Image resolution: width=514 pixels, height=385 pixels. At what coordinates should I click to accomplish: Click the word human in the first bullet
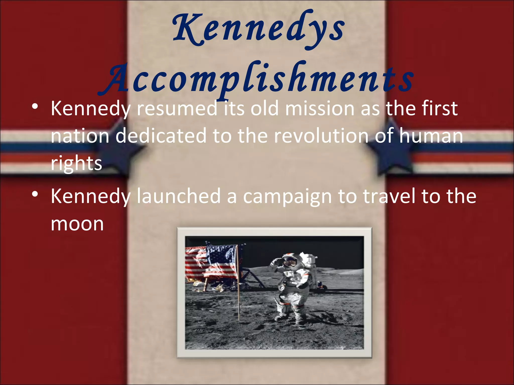pyautogui.click(x=431, y=136)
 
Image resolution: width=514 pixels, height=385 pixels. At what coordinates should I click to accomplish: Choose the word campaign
pyautogui.click(x=288, y=197)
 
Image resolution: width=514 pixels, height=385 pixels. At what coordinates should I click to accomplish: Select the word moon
pyautogui.click(x=77, y=224)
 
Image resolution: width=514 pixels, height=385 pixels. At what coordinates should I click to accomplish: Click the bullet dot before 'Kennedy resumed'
pyautogui.click(x=35, y=107)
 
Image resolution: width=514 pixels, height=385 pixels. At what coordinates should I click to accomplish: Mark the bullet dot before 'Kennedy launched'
pyautogui.click(x=35, y=194)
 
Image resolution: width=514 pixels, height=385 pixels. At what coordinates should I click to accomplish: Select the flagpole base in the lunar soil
pyautogui.click(x=239, y=318)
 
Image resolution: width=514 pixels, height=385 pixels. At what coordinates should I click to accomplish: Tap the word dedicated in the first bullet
pyautogui.click(x=161, y=136)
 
